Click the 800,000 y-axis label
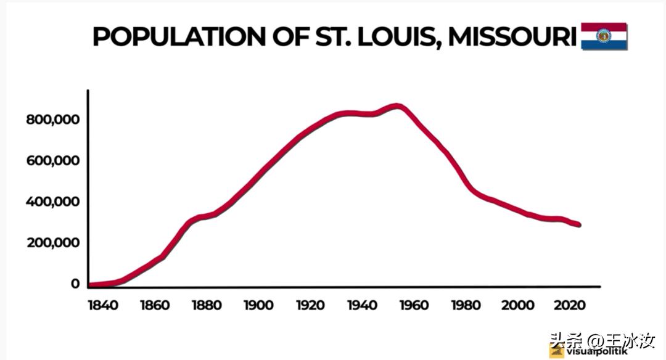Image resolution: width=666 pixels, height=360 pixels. point(54,120)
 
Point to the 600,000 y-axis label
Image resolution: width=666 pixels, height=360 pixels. point(54,161)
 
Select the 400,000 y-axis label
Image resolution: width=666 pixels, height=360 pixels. point(54,202)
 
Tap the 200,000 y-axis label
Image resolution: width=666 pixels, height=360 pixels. point(54,243)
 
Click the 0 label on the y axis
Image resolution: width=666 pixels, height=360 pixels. point(75,284)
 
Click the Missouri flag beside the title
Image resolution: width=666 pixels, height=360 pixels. point(604,36)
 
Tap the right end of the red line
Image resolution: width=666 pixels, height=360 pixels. point(578,225)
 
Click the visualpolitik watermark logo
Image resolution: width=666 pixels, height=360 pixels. point(558,351)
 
